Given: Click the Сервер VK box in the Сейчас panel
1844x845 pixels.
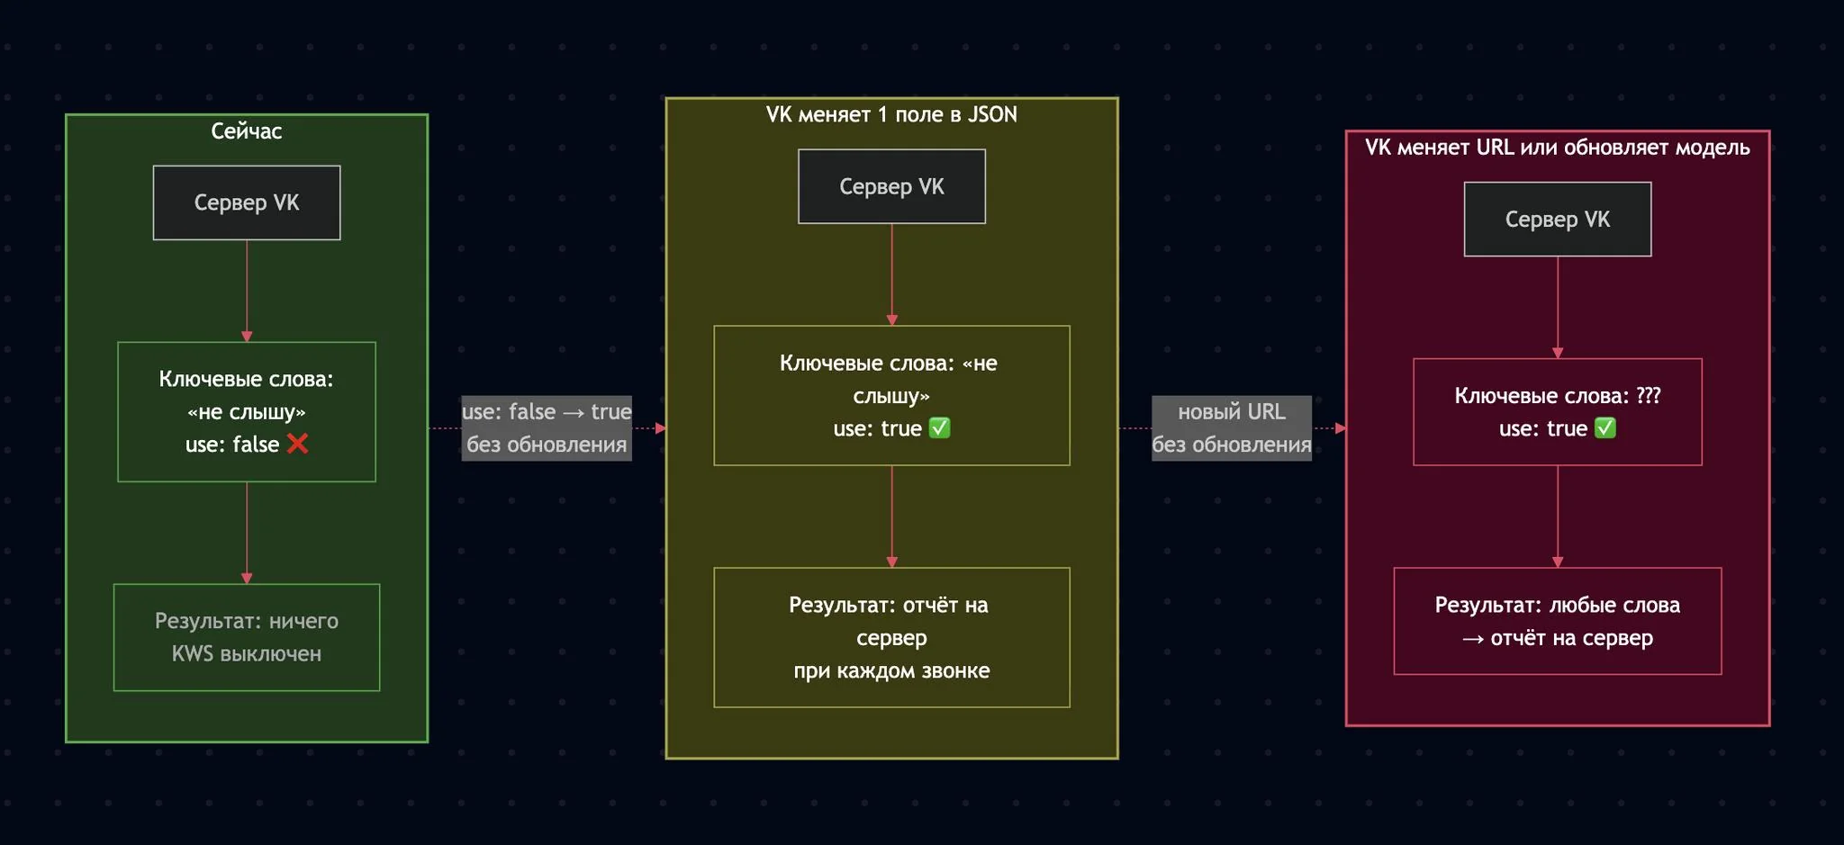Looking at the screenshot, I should tap(247, 202).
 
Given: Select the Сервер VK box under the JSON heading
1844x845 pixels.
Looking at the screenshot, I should tap(891, 186).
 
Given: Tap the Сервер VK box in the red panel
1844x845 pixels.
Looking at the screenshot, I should tap(1557, 220).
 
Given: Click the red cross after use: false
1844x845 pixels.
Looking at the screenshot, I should tap(297, 444).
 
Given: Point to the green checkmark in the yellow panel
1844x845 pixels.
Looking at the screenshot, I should tap(939, 428).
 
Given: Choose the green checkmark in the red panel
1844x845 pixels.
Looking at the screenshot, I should tap(1604, 428).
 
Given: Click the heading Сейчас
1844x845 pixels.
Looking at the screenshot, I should tap(247, 131).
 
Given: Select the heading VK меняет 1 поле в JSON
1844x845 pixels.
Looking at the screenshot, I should tap(891, 115).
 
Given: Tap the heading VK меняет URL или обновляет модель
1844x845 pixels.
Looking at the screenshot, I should tap(1557, 148).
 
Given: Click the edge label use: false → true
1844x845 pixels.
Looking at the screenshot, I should tap(547, 412).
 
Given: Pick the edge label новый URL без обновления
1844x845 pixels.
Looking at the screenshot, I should tap(1231, 428).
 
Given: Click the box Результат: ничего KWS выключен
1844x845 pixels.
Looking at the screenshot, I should tap(247, 637).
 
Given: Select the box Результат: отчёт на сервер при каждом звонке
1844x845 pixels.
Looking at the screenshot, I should tap(891, 637).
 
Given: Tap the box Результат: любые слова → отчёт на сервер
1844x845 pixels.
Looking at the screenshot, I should tap(1557, 621).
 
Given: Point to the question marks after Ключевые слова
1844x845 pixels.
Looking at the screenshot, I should tap(1649, 396).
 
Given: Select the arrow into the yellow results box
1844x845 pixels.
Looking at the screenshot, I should tap(891, 517).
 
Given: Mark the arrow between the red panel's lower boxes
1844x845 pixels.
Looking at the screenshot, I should tap(1557, 517).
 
